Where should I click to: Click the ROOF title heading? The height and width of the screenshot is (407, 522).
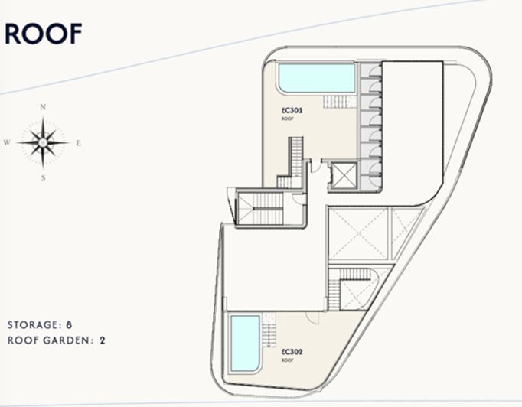pyautogui.click(x=44, y=34)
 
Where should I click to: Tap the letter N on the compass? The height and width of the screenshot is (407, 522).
pyautogui.click(x=44, y=107)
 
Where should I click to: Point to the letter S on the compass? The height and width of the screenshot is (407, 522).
pyautogui.click(x=44, y=177)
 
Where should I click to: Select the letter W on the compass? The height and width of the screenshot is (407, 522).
pyautogui.click(x=7, y=142)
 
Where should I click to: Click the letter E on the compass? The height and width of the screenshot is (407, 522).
pyautogui.click(x=79, y=142)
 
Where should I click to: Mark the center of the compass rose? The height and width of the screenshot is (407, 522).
pyautogui.click(x=44, y=142)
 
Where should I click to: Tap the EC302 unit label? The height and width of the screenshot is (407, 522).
pyautogui.click(x=292, y=352)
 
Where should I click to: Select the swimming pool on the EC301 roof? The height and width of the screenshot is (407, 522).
pyautogui.click(x=316, y=77)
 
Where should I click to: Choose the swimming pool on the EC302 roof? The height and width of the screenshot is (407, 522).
pyautogui.click(x=244, y=341)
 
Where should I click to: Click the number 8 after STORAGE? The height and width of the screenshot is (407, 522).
pyautogui.click(x=70, y=324)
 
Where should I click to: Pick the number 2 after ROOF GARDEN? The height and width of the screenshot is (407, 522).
pyautogui.click(x=102, y=340)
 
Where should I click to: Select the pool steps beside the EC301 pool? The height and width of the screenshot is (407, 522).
pyautogui.click(x=334, y=102)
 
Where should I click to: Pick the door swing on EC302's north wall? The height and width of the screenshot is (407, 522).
pyautogui.click(x=310, y=317)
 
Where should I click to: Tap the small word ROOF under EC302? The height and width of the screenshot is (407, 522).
pyautogui.click(x=288, y=360)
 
